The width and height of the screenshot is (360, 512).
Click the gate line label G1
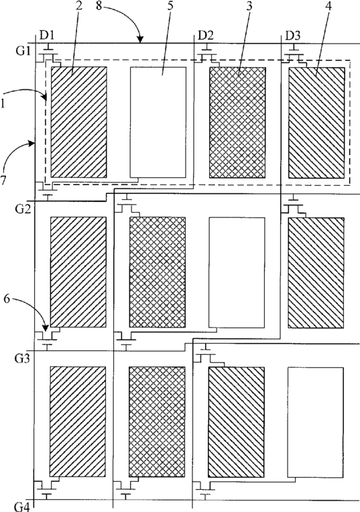[x=23, y=51]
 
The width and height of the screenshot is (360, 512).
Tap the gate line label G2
[x=23, y=208]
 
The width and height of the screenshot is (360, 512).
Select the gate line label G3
[x=23, y=358]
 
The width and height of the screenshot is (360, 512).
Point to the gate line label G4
[x=22, y=507]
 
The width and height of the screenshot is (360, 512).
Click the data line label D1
[x=47, y=36]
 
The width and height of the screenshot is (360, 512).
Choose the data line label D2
[x=206, y=36]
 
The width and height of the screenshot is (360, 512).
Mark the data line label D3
[x=292, y=36]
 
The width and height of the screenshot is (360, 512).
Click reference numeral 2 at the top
[x=79, y=6]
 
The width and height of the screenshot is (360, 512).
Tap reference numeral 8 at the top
[x=100, y=6]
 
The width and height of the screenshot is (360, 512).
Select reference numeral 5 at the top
[x=170, y=6]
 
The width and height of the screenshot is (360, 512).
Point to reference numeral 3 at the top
[x=249, y=6]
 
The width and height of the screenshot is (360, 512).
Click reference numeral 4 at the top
[x=328, y=6]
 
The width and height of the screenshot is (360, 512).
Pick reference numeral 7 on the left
[x=3, y=181]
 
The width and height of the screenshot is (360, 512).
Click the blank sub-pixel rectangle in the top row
[x=158, y=122]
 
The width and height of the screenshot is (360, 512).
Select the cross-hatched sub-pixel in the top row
[x=237, y=122]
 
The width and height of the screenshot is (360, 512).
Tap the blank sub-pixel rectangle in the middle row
[x=237, y=272]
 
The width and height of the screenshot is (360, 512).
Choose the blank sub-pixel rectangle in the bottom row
[x=315, y=422]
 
